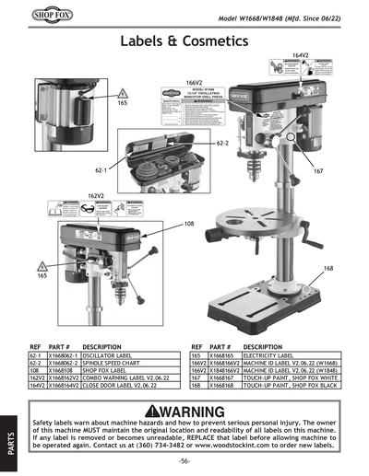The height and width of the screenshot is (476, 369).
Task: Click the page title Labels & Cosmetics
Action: (x=184, y=42)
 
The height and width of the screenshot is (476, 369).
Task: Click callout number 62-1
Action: (x=101, y=170)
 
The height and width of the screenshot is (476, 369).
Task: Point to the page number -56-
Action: (x=184, y=459)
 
